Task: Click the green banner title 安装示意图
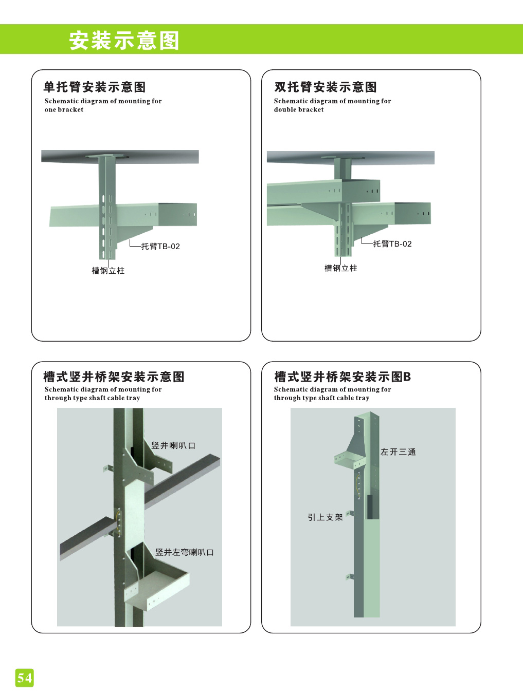[x=124, y=41]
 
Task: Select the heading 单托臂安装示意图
[x=95, y=87]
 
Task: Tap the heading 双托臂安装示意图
[x=326, y=87]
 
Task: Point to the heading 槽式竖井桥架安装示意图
[x=114, y=377]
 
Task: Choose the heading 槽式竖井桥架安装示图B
[x=342, y=377]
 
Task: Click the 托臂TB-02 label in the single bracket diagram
[x=160, y=246]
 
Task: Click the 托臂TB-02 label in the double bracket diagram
[x=392, y=244]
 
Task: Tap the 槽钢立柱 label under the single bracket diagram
[x=108, y=271]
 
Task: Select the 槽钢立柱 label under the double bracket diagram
[x=341, y=268]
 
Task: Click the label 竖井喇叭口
[x=173, y=445]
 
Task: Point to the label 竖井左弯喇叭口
[x=185, y=552]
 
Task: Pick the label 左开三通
[x=398, y=452]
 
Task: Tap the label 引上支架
[x=325, y=517]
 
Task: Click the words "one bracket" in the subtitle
[x=64, y=109]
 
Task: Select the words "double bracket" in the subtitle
[x=299, y=109]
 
